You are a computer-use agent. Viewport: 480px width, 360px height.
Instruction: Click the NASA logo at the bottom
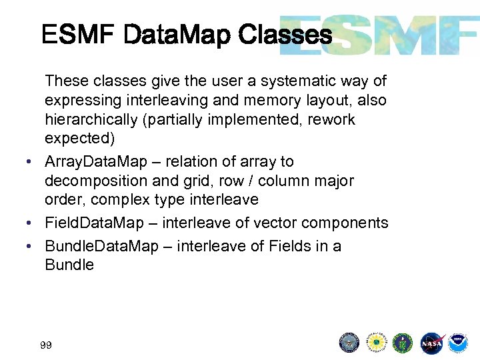coord(431,343)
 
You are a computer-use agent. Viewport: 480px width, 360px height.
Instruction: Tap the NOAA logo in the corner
coord(458,343)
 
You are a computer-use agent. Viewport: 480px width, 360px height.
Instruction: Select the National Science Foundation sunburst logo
coord(377,343)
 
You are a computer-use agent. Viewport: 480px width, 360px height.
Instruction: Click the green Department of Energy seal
coord(403,343)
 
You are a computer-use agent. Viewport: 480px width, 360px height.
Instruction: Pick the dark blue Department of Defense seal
coord(349,343)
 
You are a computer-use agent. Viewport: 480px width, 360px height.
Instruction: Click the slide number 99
coord(46,345)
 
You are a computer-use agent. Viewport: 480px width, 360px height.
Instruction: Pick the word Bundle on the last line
coord(69,265)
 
